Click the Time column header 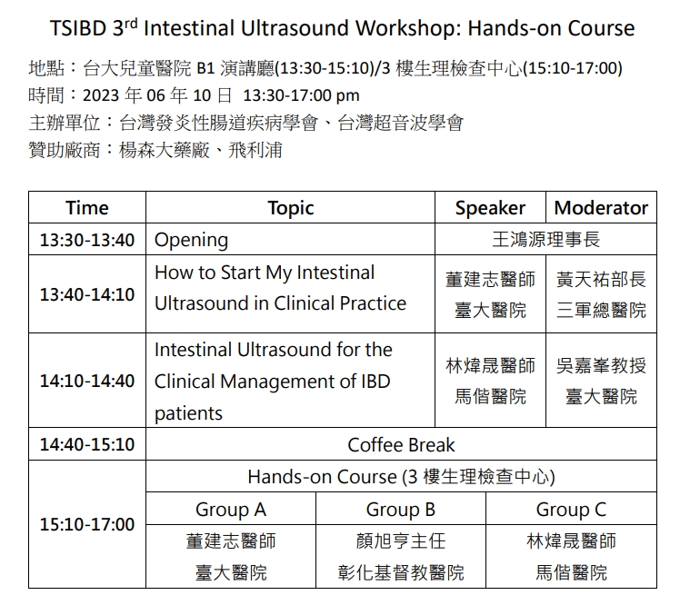(86, 208)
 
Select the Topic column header (291, 208)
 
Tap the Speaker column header (490, 208)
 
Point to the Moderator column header (601, 208)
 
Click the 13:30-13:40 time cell (87, 240)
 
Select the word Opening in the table (191, 241)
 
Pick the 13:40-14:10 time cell (87, 294)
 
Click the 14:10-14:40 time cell (87, 381)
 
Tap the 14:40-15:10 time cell (87, 444)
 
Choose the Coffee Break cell (401, 445)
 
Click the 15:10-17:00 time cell (87, 524)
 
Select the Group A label (231, 510)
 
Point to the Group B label (401, 510)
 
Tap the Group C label (571, 510)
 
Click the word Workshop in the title (407, 29)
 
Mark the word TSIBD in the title (78, 28)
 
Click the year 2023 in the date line (101, 95)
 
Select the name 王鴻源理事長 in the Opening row (546, 240)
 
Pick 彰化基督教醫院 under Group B (401, 572)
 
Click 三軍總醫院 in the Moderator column (601, 311)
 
